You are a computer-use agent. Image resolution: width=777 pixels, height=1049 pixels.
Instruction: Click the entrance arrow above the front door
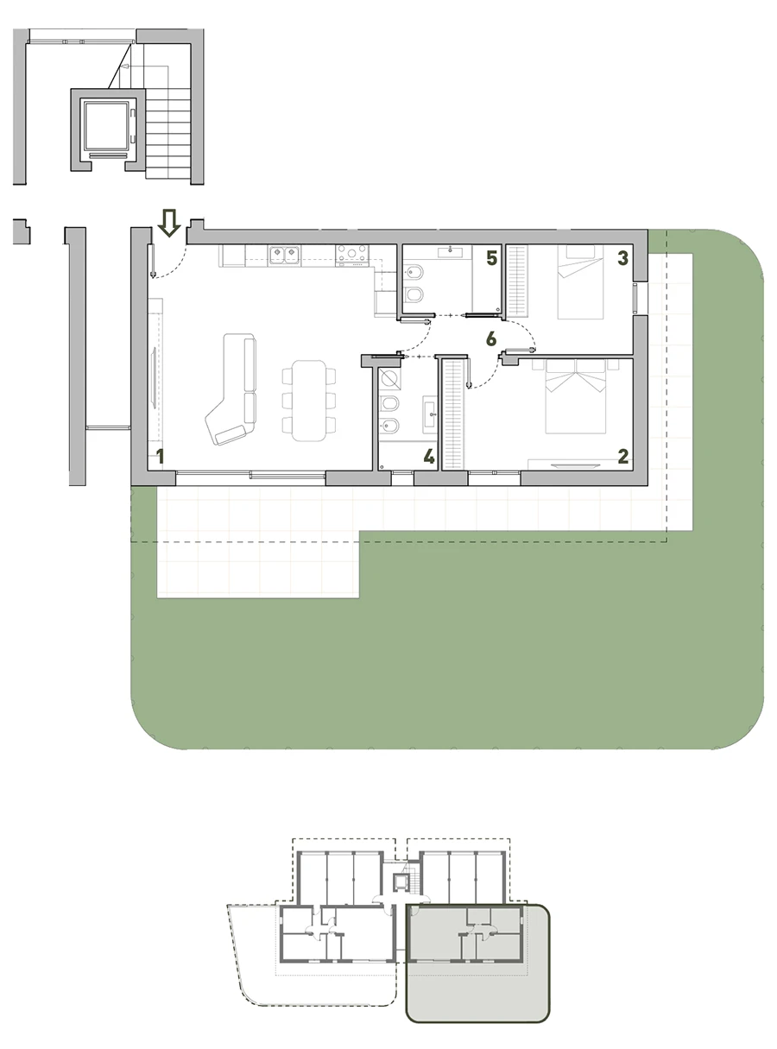tap(169, 222)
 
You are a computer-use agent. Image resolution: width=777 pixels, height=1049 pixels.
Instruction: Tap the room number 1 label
tap(161, 457)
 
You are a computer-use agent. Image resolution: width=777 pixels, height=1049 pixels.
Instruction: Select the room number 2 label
tap(623, 457)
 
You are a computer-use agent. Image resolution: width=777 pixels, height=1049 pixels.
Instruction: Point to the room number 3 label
tap(622, 258)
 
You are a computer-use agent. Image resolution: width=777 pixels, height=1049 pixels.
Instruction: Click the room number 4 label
tap(429, 457)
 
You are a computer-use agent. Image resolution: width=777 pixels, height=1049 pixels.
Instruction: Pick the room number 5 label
tap(492, 258)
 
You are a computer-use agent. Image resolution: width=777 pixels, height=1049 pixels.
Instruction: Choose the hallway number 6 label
tap(491, 338)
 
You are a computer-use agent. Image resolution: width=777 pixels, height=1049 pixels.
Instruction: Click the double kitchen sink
tap(284, 255)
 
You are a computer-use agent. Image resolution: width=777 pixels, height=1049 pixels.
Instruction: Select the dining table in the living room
tap(309, 401)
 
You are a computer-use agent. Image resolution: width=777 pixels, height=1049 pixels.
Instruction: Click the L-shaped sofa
tap(233, 389)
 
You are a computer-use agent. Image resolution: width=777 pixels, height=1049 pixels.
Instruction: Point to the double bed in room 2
tap(576, 396)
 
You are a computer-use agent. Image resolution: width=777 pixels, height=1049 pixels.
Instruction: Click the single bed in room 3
tap(580, 281)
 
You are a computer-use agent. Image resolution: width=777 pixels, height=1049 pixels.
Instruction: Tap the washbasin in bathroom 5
tap(450, 251)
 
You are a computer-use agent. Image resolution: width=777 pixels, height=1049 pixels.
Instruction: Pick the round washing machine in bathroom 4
tap(390, 379)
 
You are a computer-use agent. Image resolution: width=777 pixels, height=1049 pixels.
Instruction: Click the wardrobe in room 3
tap(517, 281)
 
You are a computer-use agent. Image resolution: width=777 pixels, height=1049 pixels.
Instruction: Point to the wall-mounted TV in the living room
tap(154, 377)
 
